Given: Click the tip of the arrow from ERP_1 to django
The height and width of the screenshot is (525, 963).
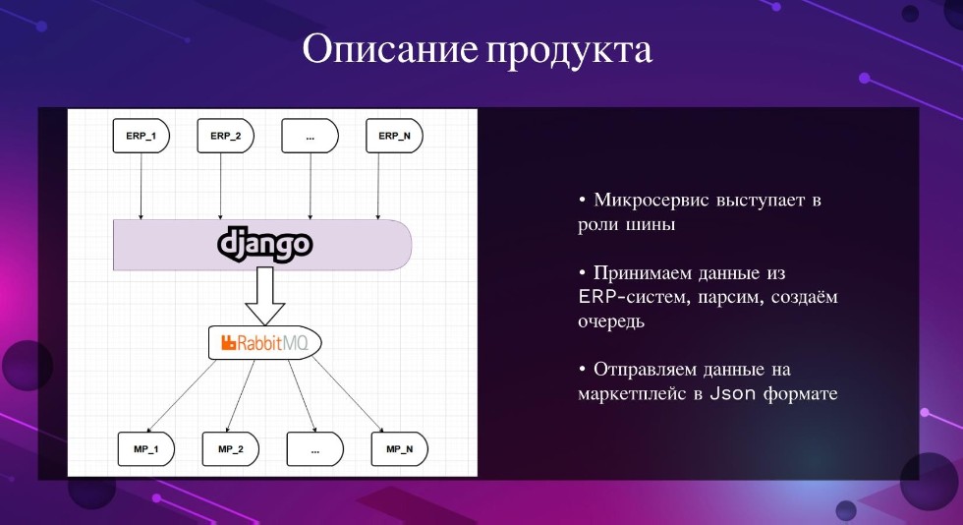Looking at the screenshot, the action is pos(141,219).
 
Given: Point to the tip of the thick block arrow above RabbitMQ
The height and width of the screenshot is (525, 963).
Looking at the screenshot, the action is pos(264,324).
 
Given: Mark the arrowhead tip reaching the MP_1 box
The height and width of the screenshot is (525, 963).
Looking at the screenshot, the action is pos(148,432).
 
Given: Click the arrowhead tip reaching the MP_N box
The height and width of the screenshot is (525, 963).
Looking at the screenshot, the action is pos(384,432).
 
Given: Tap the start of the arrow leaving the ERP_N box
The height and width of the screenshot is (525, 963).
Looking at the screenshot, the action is pos(378,153).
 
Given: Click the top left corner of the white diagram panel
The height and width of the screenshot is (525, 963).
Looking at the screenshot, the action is pos(68,109).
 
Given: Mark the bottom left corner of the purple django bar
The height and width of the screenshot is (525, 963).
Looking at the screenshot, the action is pos(114,270).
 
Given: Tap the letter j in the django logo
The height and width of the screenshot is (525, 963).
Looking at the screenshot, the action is pos(237,245).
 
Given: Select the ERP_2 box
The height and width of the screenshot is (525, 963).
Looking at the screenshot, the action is pos(225,136).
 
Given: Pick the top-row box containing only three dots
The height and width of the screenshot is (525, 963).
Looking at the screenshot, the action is pos(310,136).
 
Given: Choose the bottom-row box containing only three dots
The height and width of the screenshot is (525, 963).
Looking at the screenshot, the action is pos(315,448).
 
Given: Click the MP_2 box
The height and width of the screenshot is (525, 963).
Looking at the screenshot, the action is pos(230,448).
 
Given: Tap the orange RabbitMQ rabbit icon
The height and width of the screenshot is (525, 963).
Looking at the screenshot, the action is pos(228,342).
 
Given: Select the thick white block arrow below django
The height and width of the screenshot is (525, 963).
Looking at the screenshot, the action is pos(264,296).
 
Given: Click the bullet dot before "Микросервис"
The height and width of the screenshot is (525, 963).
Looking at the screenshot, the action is pos(582,201).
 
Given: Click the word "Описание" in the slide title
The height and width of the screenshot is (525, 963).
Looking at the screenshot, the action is pos(389,49).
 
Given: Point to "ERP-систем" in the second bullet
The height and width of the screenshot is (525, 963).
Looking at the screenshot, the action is pos(630,297).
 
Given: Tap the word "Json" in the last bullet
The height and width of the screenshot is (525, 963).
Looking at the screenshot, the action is pos(733,393).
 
